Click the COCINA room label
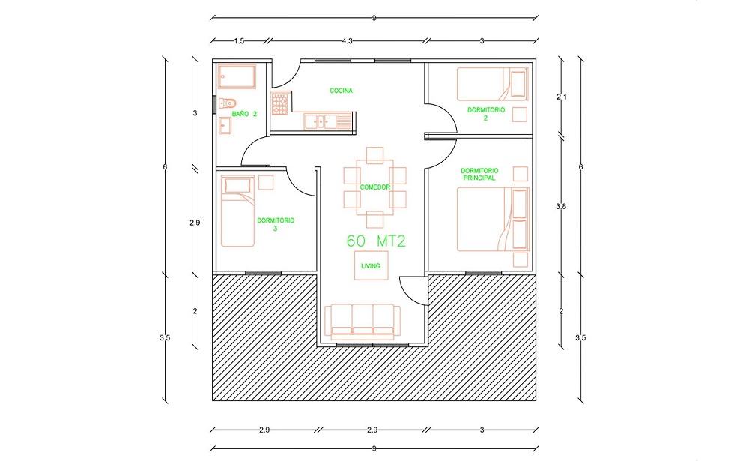[x=341, y=91]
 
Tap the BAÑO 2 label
[x=245, y=114]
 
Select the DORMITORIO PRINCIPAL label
[x=479, y=174]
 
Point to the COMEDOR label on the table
[x=375, y=187]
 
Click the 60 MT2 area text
[x=376, y=241]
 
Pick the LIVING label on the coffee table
[x=371, y=266]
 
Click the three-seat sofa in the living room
[x=363, y=322]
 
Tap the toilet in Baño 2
[x=228, y=103]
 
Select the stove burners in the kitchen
[x=279, y=104]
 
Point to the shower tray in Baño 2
[x=237, y=76]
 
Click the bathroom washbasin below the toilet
[x=225, y=126]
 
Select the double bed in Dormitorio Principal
[x=493, y=220]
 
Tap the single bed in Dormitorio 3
[x=237, y=211]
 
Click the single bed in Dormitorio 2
[x=493, y=84]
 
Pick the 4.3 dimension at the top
[x=348, y=41]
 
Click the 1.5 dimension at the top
[x=239, y=41]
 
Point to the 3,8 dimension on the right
[x=561, y=207]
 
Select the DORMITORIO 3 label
[x=276, y=224]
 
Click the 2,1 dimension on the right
[x=562, y=97]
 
